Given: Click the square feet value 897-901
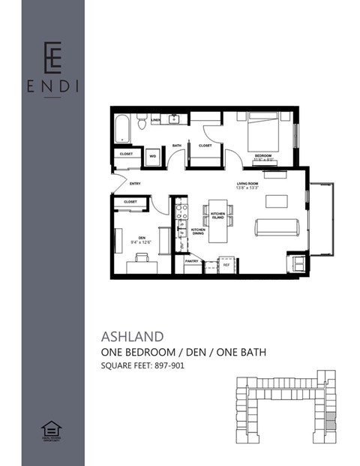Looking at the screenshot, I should point(166,366).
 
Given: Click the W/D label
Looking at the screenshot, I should point(153,156).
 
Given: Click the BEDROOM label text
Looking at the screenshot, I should point(262,155).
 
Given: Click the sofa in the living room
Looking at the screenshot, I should point(277,227).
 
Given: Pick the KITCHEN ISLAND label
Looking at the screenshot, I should point(218,216).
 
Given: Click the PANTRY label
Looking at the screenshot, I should point(191,260).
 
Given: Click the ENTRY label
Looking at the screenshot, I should point(135,183).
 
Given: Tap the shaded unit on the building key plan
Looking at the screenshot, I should point(331,420).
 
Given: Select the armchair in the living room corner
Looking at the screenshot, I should point(297,262).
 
